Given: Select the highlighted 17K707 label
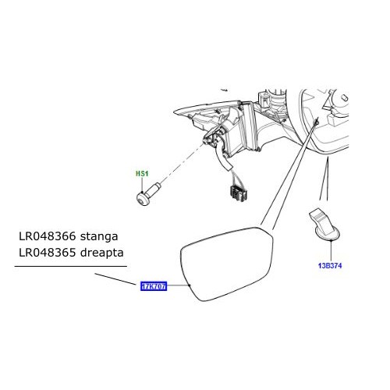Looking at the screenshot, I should pyautogui.click(x=153, y=287).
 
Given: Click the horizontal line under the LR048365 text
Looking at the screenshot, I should pyautogui.click(x=70, y=267).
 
